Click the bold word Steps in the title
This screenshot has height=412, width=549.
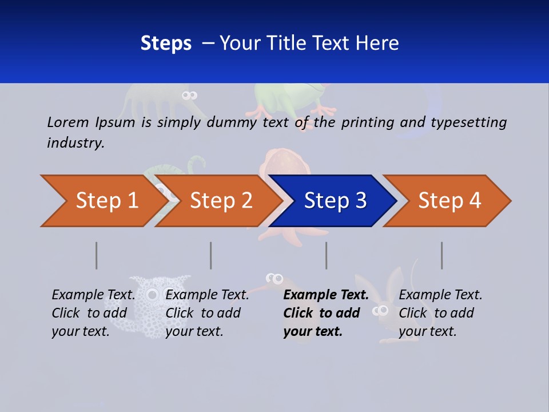[x=166, y=43]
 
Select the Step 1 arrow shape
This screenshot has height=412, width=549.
[x=103, y=201]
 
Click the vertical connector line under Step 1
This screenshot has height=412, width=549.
[x=97, y=255]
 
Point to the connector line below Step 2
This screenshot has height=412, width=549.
[x=211, y=255]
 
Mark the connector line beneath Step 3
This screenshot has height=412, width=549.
[x=327, y=255]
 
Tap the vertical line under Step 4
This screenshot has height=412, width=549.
[x=442, y=255]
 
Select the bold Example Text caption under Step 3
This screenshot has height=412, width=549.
[x=325, y=313]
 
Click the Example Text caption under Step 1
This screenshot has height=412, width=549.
[x=93, y=313]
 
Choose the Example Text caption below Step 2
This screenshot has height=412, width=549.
[x=207, y=313]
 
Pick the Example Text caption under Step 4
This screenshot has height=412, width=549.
[x=440, y=313]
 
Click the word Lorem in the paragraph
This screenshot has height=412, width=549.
[x=67, y=122]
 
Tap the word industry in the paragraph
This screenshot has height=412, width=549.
[x=75, y=143]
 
